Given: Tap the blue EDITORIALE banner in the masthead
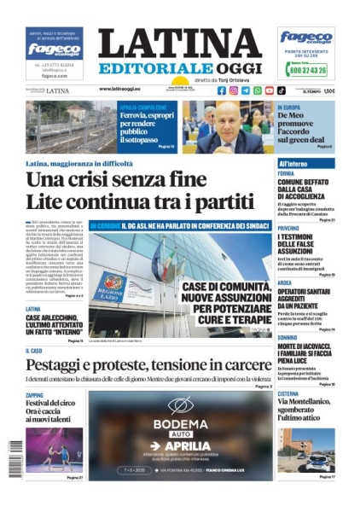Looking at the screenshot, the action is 154,68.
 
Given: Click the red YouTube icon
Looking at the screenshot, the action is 270,90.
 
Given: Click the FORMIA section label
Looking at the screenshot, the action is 286,173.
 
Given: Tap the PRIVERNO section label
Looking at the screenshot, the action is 288,229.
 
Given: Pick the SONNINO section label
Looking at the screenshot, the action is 287,337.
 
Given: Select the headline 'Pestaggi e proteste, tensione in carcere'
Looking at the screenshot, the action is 148,365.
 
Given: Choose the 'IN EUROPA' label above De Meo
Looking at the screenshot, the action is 288,108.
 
